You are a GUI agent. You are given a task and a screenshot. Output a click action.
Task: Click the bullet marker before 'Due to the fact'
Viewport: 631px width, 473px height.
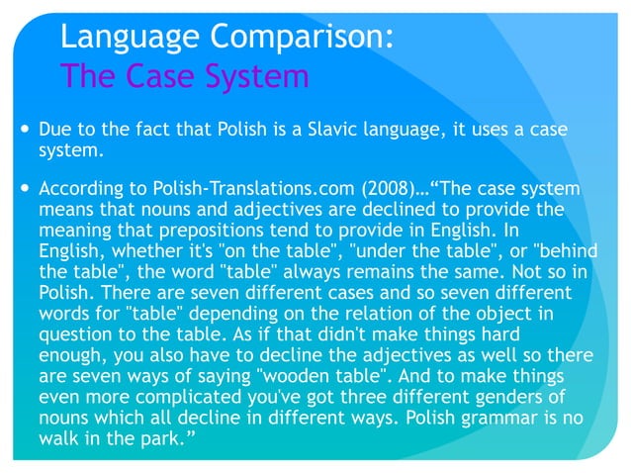(x=23, y=130)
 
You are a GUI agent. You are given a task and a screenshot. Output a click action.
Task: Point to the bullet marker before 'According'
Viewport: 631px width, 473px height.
(x=23, y=188)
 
